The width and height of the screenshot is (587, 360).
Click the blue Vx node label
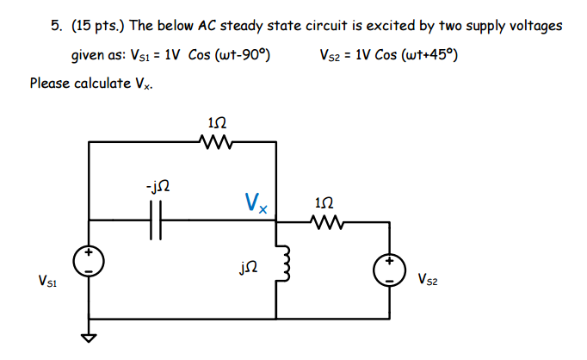256,204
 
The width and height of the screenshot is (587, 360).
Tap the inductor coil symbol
277,266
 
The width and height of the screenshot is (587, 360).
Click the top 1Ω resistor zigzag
213,140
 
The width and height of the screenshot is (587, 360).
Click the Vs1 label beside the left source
48,279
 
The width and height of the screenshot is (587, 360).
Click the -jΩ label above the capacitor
158,185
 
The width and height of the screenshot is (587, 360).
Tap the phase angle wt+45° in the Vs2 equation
429,56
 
